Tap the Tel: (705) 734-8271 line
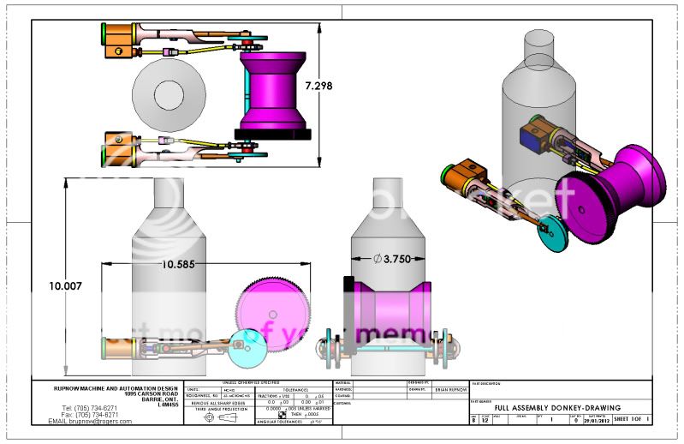click(89, 407)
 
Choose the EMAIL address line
click(90, 421)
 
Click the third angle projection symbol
click(221, 417)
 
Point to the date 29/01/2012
click(597, 420)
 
